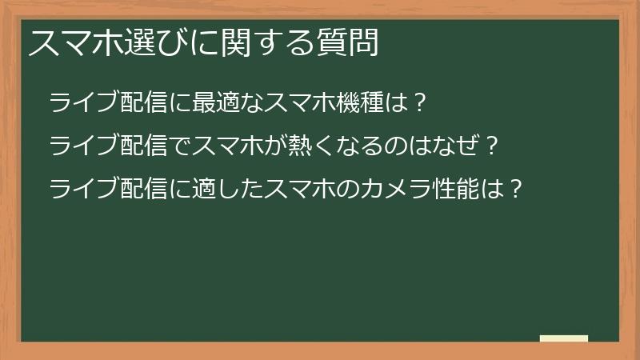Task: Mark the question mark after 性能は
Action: point(517,190)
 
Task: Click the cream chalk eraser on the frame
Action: point(564,338)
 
